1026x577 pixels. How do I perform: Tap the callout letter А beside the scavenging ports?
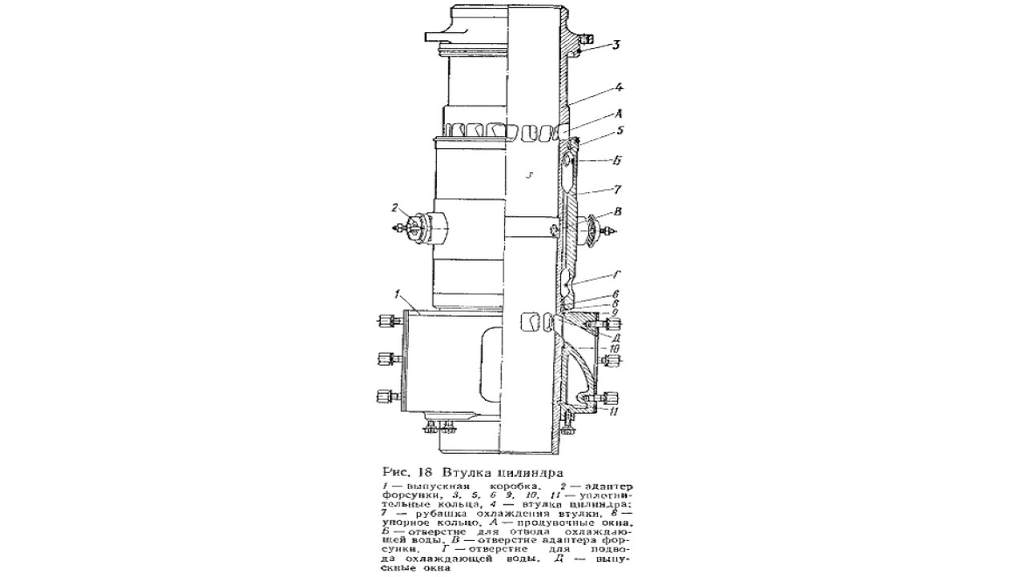(x=616, y=114)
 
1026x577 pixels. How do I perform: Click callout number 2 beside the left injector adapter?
(x=394, y=208)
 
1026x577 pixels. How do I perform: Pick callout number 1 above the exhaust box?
(x=395, y=295)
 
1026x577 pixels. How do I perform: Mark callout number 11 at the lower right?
(x=613, y=412)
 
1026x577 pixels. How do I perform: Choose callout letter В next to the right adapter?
(x=616, y=212)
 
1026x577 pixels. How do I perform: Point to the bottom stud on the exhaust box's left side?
(x=386, y=395)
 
